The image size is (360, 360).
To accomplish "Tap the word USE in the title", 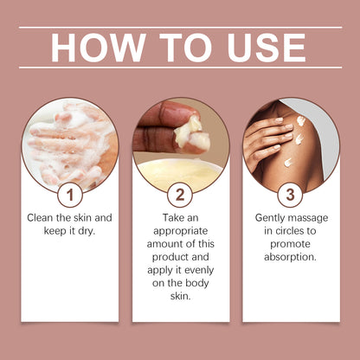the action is click(267, 48).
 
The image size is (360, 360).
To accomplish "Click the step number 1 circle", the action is click(70, 195).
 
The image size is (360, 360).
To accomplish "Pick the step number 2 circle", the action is click(180, 195).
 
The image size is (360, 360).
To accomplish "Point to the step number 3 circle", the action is click(290, 195).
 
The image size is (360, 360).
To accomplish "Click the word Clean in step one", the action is click(41, 218).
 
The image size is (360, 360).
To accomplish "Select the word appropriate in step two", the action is click(180, 231).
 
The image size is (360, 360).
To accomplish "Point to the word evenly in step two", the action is click(199, 271).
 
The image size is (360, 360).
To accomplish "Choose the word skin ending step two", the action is click(180, 296).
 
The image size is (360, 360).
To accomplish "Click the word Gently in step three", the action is click(270, 218).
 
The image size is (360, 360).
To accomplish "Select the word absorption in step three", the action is click(290, 257).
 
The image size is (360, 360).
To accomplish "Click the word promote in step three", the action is click(290, 244).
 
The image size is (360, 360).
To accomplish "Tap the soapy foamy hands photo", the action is click(70, 145).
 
